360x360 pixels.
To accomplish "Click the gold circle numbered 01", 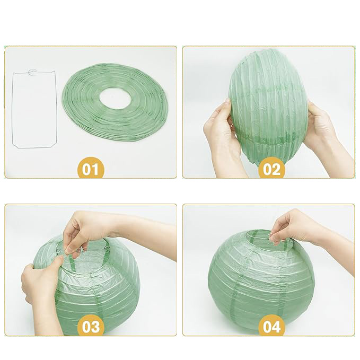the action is tap(91, 169).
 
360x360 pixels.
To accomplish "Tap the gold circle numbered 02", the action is tap(271, 169).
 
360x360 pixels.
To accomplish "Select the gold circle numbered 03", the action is tap(91, 327).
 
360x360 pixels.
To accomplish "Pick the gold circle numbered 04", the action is tap(271, 327).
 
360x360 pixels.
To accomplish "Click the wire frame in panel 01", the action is tap(12, 110).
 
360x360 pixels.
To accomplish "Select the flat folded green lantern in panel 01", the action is tap(114, 102).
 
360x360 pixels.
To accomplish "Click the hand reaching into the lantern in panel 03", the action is tap(85, 230).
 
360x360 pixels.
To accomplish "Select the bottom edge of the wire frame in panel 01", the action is tap(34, 147).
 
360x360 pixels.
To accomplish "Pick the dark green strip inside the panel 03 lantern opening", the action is tap(72, 262).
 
